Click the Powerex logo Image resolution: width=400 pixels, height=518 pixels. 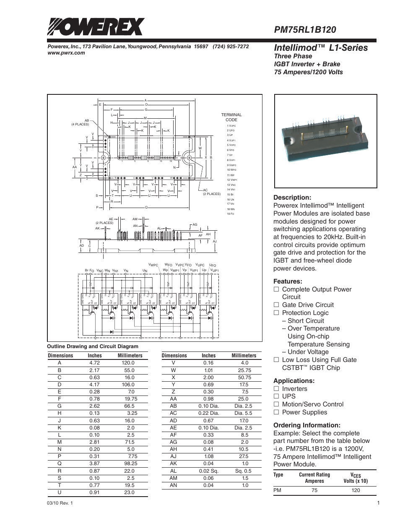[x=95, y=27]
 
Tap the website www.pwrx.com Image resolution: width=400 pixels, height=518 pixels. [x=66, y=53]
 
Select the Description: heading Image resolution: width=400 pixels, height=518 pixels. [x=292, y=198]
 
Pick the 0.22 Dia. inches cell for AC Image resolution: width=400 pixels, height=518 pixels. [x=208, y=413]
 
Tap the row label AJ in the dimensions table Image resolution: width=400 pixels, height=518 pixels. [x=173, y=456]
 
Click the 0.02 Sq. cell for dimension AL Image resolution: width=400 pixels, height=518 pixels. [x=208, y=471]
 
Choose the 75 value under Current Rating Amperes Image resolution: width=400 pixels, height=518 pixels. [x=314, y=490]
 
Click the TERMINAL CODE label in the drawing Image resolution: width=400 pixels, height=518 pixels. [x=231, y=117]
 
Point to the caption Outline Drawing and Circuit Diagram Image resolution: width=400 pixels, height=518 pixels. [x=93, y=346]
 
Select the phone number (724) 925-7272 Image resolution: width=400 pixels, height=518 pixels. [x=231, y=47]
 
